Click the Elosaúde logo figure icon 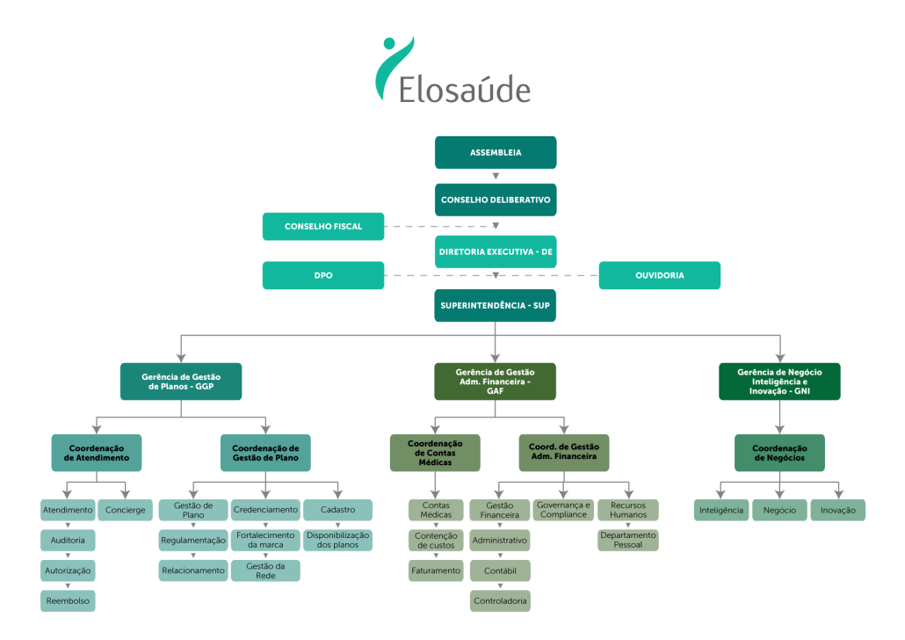[x=393, y=66]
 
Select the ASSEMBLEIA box [x=496, y=152]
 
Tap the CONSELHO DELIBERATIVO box [x=496, y=200]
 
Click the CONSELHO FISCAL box [x=323, y=226]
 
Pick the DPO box [x=323, y=275]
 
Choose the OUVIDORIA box [x=660, y=275]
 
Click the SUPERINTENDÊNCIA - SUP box [x=496, y=305]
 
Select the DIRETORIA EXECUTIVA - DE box [x=496, y=251]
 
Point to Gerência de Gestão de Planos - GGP [x=181, y=381]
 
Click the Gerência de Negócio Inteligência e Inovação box [x=779, y=381]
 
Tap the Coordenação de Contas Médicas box [x=435, y=453]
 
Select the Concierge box [x=126, y=510]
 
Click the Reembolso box [x=68, y=601]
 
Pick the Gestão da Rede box [x=265, y=571]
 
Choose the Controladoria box [x=499, y=601]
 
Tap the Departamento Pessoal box [x=628, y=540]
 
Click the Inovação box [x=837, y=510]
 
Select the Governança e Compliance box [x=562, y=510]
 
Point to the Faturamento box [x=436, y=571]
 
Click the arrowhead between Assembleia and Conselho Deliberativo [x=496, y=177]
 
